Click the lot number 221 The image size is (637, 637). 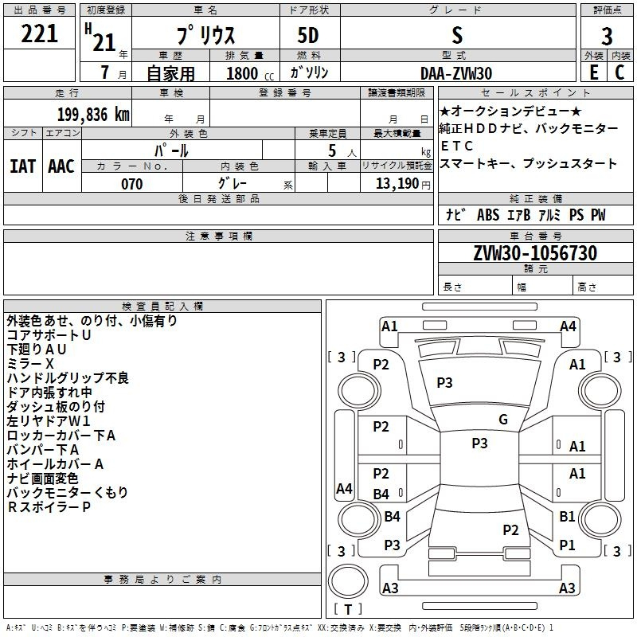(39, 34)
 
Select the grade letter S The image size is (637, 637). (456, 35)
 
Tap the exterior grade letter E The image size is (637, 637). (593, 72)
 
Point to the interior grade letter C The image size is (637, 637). (619, 72)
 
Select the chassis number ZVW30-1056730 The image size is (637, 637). (535, 253)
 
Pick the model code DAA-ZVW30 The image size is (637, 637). (456, 72)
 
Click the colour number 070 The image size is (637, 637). (131, 184)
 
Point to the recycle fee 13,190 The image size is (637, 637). (397, 184)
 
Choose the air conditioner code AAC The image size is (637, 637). (61, 166)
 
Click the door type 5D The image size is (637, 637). (308, 36)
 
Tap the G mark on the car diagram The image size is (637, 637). (502, 420)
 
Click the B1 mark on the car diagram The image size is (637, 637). (567, 516)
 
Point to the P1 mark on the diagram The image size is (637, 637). (567, 545)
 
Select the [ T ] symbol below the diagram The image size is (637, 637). (347, 610)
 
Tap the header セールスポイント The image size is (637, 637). (535, 92)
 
